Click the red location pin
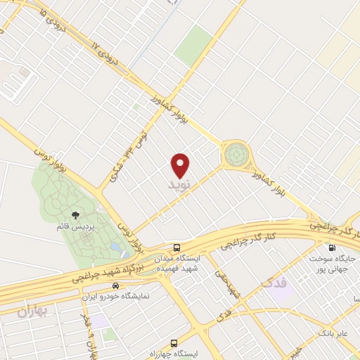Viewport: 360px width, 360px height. [181, 165]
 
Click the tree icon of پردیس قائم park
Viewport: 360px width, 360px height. [75, 215]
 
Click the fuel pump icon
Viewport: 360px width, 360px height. [331, 247]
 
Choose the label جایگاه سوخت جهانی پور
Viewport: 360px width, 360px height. [335, 264]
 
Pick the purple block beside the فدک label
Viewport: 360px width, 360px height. [282, 295]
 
